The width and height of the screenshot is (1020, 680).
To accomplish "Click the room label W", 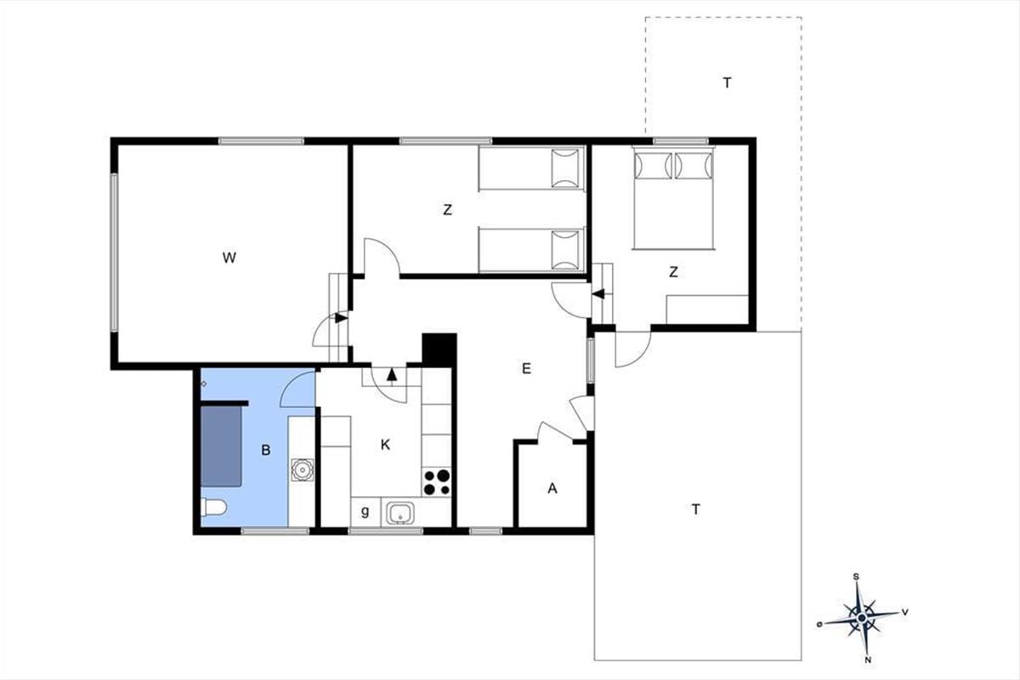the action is point(229,258).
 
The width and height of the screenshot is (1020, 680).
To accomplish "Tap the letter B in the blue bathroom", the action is point(266,450).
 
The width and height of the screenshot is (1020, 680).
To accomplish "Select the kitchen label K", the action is point(385,445).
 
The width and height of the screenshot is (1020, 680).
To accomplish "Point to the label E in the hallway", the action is point(526,368).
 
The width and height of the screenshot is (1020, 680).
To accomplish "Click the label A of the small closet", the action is point(552,488).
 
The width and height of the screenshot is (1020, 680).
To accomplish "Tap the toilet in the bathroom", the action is point(213,507).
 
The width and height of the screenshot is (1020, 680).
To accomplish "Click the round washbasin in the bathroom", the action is point(303,469).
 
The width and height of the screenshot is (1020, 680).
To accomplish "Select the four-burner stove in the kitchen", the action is point(437,482).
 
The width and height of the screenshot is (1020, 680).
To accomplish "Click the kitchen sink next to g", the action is point(400,513).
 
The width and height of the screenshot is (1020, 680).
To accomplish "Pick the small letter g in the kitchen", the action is point(365,512).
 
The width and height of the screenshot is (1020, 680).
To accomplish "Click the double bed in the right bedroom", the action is point(673,198).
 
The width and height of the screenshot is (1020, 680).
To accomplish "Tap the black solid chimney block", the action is point(439,350).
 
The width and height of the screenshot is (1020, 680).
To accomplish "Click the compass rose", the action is point(861,618).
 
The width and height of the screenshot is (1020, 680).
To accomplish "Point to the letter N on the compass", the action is point(868,660).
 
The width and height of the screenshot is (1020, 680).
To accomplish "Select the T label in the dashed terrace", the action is point(728,83).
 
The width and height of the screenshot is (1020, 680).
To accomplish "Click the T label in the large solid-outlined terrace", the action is point(695,509).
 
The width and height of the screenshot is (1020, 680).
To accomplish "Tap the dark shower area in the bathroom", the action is point(221,446).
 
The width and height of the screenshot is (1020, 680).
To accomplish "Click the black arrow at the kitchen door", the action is point(392,374).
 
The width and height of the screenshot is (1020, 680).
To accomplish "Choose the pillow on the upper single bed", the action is point(565,168).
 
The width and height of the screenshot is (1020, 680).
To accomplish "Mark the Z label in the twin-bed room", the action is point(448,209).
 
